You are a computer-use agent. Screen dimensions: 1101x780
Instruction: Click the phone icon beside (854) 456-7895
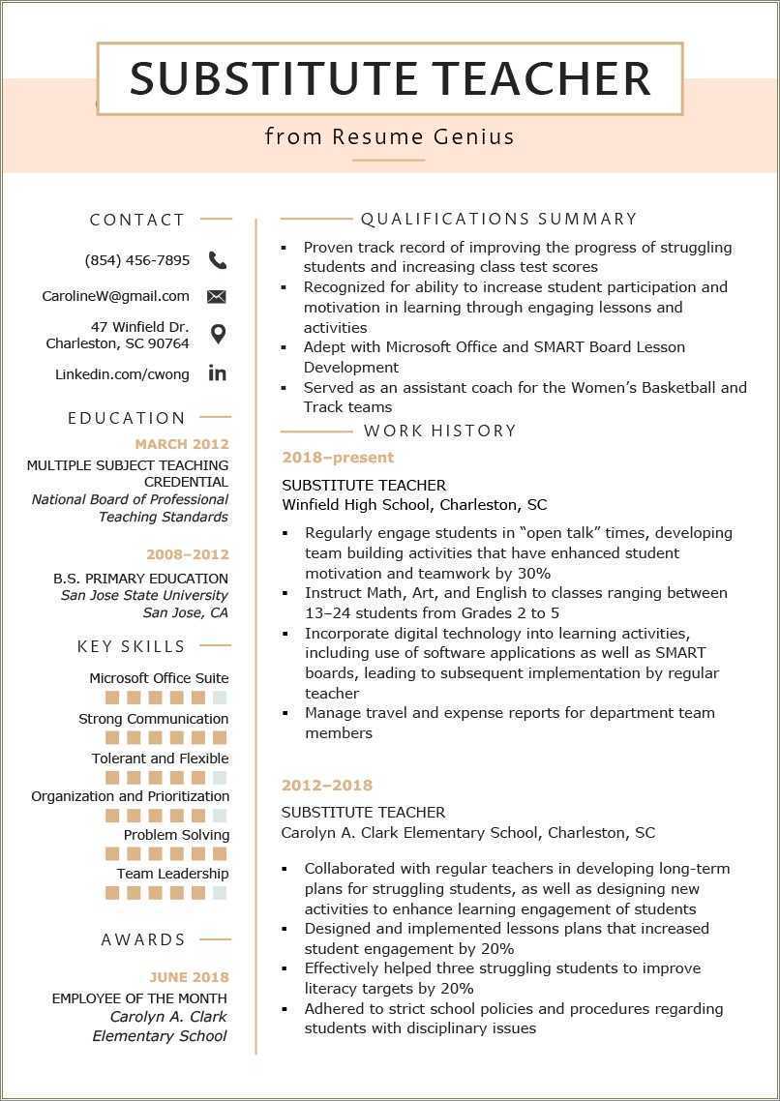(x=218, y=260)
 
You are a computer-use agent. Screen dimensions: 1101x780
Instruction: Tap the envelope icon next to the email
(x=217, y=296)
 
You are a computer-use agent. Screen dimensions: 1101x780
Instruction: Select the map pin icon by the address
(x=218, y=335)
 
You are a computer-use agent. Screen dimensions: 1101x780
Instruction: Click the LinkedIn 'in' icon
(x=217, y=373)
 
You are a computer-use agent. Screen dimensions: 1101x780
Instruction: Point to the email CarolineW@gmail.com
(x=115, y=296)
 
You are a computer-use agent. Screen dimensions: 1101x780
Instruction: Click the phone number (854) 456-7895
(x=137, y=260)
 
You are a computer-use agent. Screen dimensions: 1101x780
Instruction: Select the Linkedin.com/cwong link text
(x=122, y=374)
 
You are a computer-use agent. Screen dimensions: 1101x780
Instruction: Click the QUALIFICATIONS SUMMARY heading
(x=498, y=220)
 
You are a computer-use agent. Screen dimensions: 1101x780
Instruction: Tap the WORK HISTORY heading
(x=440, y=431)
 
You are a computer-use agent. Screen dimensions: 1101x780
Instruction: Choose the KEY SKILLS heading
(x=132, y=646)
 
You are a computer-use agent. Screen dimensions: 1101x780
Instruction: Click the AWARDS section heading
(x=143, y=939)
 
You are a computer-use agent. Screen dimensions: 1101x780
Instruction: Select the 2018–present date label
(x=338, y=458)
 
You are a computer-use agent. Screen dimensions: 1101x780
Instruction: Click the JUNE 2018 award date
(x=189, y=977)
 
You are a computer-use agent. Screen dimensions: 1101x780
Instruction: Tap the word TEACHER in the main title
(x=541, y=78)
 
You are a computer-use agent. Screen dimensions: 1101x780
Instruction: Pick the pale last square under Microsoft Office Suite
(x=220, y=698)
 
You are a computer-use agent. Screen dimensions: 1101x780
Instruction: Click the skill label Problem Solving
(x=176, y=835)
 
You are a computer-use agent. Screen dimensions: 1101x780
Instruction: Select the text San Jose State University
(x=144, y=595)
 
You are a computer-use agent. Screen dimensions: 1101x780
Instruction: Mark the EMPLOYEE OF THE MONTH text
(x=139, y=998)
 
